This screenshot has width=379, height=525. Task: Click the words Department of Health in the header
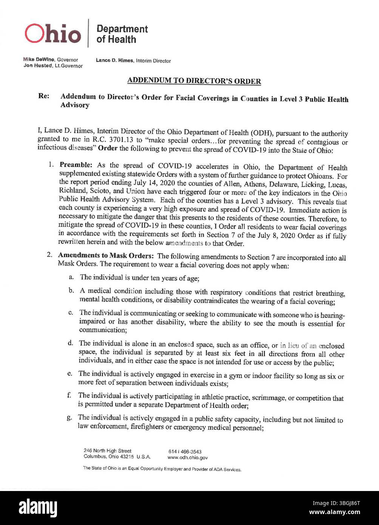(122, 34)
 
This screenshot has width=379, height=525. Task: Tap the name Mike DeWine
(39, 60)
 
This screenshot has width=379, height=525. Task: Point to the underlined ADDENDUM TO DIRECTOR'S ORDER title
(194, 81)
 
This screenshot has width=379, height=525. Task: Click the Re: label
(43, 96)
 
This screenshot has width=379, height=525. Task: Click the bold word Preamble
(77, 165)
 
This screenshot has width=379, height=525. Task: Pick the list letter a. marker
(71, 278)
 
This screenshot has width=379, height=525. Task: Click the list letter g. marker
(69, 417)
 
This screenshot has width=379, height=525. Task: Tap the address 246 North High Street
(108, 451)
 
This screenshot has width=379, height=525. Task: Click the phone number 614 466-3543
(185, 452)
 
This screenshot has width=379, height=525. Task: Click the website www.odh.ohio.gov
(187, 457)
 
